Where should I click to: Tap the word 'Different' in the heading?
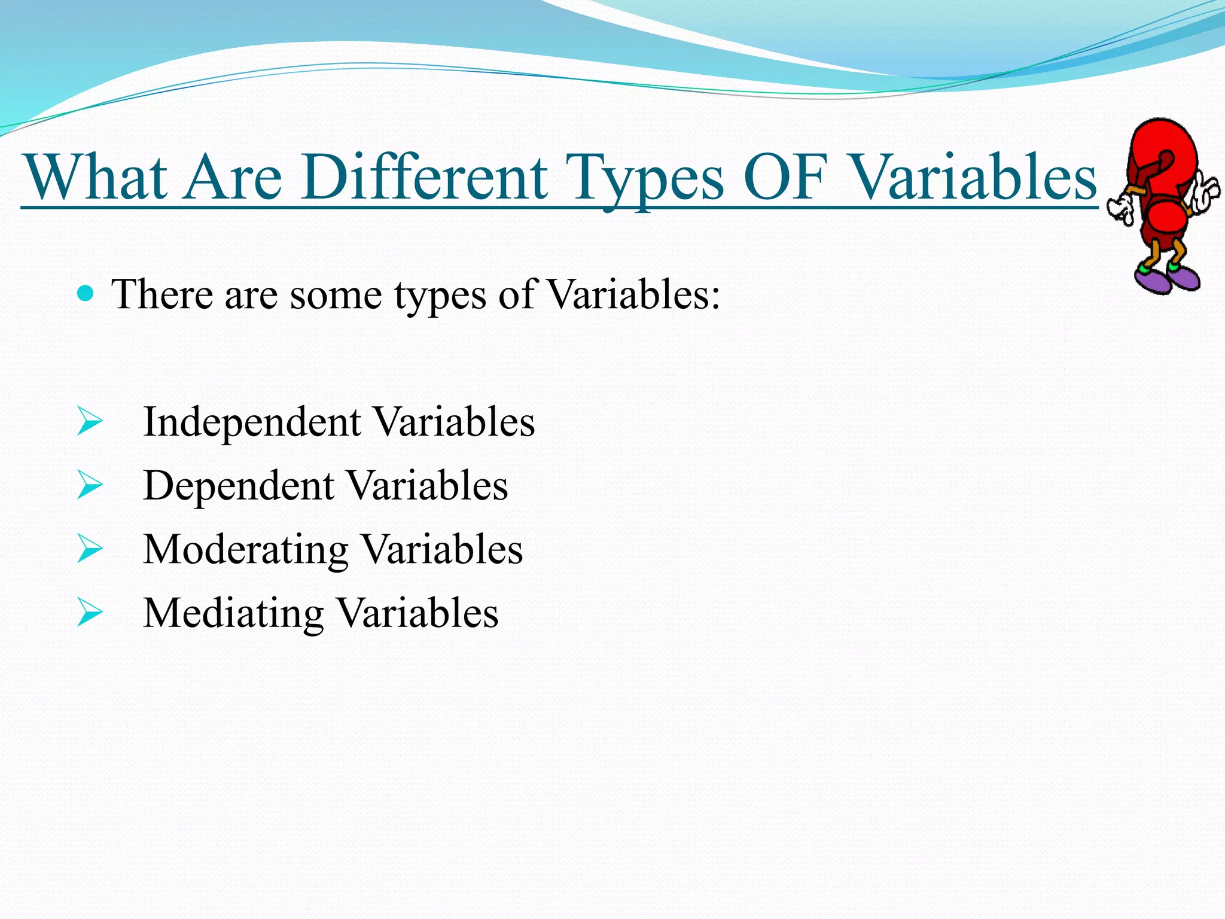[x=424, y=178]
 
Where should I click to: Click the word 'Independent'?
[x=252, y=423]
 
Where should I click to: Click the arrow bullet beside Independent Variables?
[x=90, y=422]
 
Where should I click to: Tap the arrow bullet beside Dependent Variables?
[x=90, y=485]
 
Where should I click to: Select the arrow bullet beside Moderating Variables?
[x=90, y=549]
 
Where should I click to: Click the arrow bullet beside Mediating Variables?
[x=90, y=613]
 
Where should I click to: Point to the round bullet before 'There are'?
[x=86, y=293]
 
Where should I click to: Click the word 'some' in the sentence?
[x=336, y=295]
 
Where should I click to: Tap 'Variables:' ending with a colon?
[x=633, y=295]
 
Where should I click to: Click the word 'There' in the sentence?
[x=162, y=295]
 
